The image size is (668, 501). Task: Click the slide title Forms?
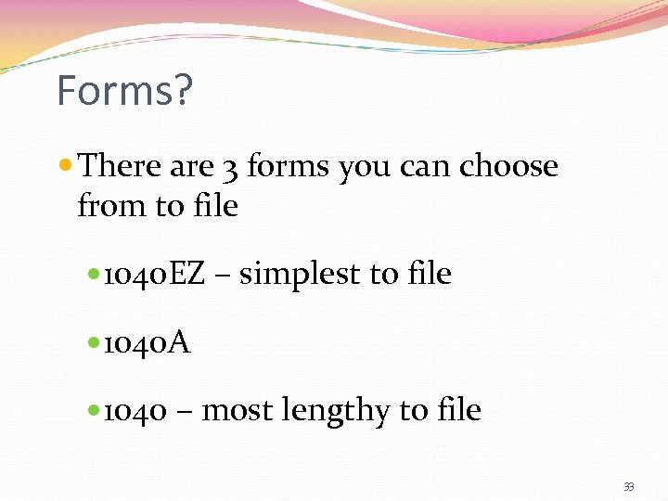click(x=124, y=91)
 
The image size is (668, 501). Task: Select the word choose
click(x=509, y=167)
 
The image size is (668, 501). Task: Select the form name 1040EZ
click(x=154, y=275)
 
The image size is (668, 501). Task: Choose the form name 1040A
click(x=147, y=343)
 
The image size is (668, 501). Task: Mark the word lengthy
click(x=332, y=411)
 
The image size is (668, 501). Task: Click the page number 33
click(x=629, y=487)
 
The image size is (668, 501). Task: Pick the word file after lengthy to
click(x=457, y=410)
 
